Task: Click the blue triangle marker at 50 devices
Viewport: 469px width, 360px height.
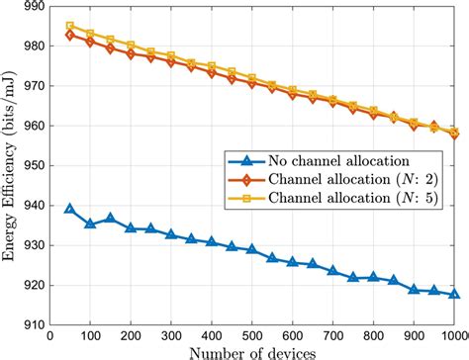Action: pos(70,209)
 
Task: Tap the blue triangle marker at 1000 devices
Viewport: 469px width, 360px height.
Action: pos(453,294)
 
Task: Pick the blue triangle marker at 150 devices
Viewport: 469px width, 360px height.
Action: pos(111,219)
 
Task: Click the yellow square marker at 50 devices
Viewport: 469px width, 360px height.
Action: pos(70,27)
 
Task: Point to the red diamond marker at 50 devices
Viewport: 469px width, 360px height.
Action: pos(70,35)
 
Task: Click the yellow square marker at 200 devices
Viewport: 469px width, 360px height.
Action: pos(131,45)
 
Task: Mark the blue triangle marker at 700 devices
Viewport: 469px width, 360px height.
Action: pos(332,270)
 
